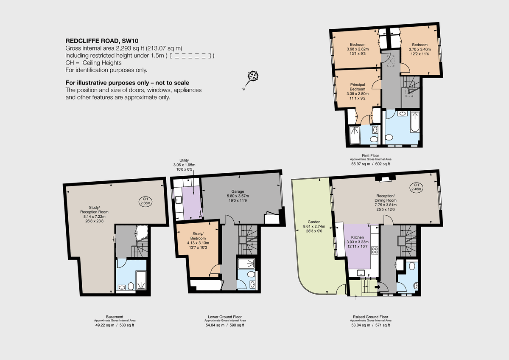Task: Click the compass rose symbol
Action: point(253,76)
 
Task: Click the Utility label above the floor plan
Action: point(184,160)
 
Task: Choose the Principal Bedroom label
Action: point(357,87)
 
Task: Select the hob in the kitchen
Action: point(375,250)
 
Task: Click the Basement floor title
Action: point(115,317)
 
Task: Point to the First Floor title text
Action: point(371,156)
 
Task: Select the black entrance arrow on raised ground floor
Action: point(378,287)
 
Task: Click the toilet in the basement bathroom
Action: point(131,286)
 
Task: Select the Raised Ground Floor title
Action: point(370,317)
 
